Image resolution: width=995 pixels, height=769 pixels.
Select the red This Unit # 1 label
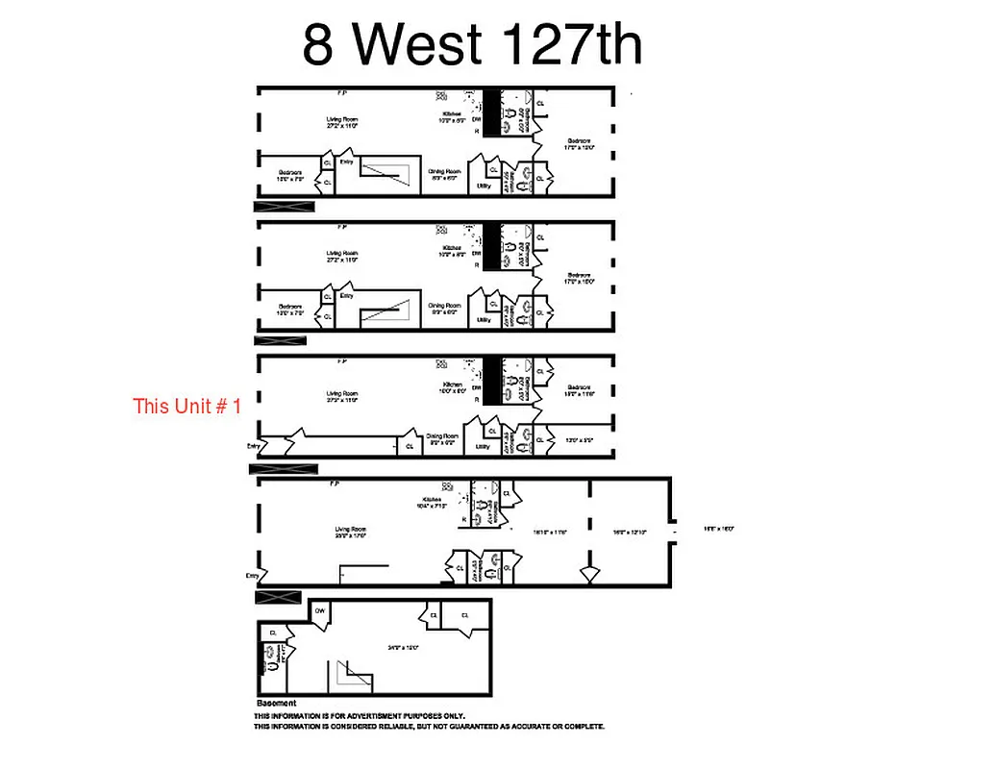[187, 406]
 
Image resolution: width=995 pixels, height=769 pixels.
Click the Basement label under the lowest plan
[277, 703]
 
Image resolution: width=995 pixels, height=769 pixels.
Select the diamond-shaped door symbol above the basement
[588, 574]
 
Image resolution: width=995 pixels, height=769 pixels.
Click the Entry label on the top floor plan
[346, 161]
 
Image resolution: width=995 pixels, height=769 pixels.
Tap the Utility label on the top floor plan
[484, 186]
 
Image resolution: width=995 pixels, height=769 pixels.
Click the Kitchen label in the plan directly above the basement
[430, 500]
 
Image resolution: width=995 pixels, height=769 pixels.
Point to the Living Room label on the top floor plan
[341, 119]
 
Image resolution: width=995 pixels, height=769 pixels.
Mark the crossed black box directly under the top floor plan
[285, 206]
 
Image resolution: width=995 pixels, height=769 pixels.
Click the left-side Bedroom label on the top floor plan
[290, 173]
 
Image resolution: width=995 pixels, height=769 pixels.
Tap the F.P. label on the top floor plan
[341, 93]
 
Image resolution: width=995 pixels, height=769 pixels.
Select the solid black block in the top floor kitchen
[491, 112]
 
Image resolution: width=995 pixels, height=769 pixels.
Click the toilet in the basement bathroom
[273, 662]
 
